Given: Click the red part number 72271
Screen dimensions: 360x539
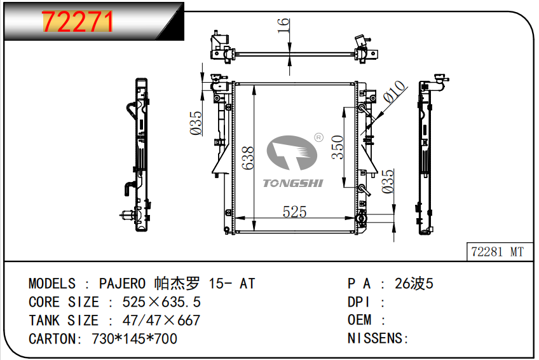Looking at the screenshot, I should coord(78,23).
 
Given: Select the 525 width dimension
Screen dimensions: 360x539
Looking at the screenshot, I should coord(295,212).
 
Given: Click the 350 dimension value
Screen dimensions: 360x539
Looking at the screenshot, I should coord(338,147).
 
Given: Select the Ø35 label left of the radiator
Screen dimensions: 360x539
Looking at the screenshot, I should coord(196,123).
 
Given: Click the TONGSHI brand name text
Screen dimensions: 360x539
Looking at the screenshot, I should coord(293,184).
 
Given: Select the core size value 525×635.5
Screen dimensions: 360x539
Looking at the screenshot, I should coord(157,302).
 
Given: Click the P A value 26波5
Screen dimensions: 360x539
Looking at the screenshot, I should coord(414,284).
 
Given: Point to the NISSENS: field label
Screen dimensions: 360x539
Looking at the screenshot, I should coord(378,339).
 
